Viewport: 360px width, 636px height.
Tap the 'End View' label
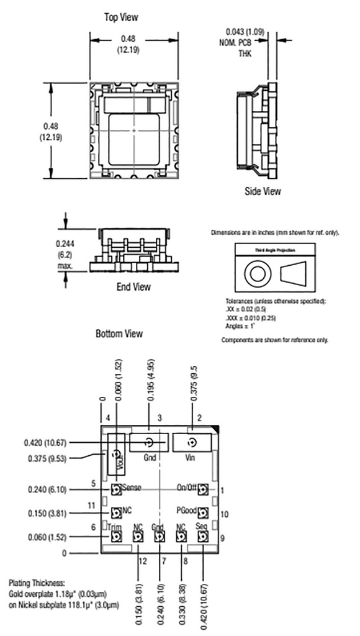tap(133, 287)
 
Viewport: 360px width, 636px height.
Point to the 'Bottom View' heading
tap(119, 334)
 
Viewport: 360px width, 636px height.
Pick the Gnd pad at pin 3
tap(148, 443)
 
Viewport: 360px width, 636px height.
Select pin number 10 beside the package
tap(224, 514)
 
